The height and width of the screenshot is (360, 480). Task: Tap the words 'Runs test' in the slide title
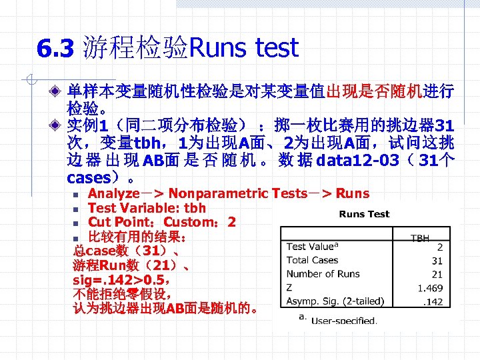[x=244, y=48]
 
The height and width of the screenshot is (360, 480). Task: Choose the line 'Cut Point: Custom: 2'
[x=161, y=222]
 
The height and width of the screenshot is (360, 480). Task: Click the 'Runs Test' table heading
[x=364, y=214]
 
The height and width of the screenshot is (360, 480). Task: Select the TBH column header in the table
[x=420, y=237]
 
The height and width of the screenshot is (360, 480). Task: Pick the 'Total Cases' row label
[x=312, y=260]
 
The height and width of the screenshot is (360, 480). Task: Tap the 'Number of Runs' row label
[x=323, y=274]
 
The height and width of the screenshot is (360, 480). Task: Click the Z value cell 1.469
[x=430, y=288]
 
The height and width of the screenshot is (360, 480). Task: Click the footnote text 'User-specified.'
[x=344, y=320]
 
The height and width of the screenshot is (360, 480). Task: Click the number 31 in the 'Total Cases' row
[x=437, y=260]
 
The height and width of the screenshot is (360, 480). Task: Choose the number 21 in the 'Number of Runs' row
[x=437, y=274]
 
